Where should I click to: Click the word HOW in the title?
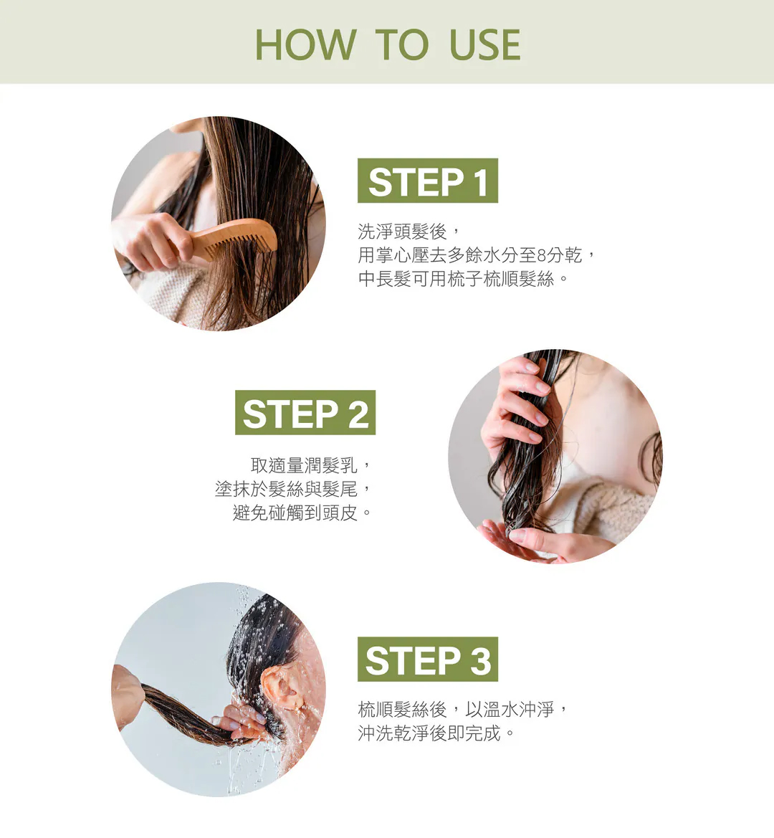pos(305,44)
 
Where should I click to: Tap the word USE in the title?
pos(485,44)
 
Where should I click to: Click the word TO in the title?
pos(401,44)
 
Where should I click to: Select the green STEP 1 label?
pos(428,181)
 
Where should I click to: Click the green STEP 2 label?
pos(305,413)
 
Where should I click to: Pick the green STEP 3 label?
pos(428,659)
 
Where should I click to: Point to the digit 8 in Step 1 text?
pos(543,256)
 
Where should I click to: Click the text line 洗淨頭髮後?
pos(402,232)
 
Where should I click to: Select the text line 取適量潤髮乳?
pos(304,465)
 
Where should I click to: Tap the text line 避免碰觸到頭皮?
pos(295,513)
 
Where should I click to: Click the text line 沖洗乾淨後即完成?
pos(429,733)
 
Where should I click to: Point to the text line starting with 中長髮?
pos(457,279)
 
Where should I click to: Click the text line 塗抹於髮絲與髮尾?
pos(287,489)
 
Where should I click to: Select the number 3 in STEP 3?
pos(480,660)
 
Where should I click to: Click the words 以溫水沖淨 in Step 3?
pos(510,710)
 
